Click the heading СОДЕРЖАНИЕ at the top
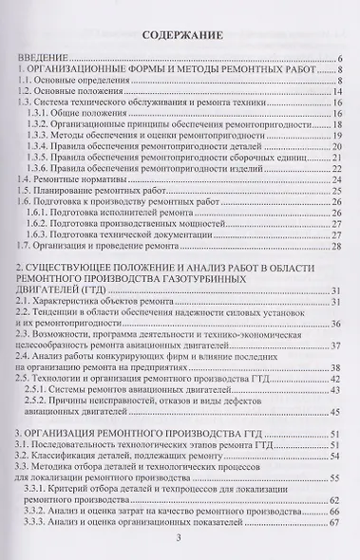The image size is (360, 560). pos(180,38)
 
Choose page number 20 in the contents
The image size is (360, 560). pos(335,147)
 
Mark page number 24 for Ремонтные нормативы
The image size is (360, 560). pos(335,179)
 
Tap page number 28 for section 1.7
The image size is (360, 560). pos(335,245)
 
